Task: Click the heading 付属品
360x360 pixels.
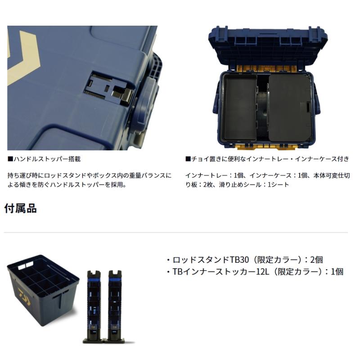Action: [20, 208]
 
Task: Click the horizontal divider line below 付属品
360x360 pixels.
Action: [175, 233]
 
